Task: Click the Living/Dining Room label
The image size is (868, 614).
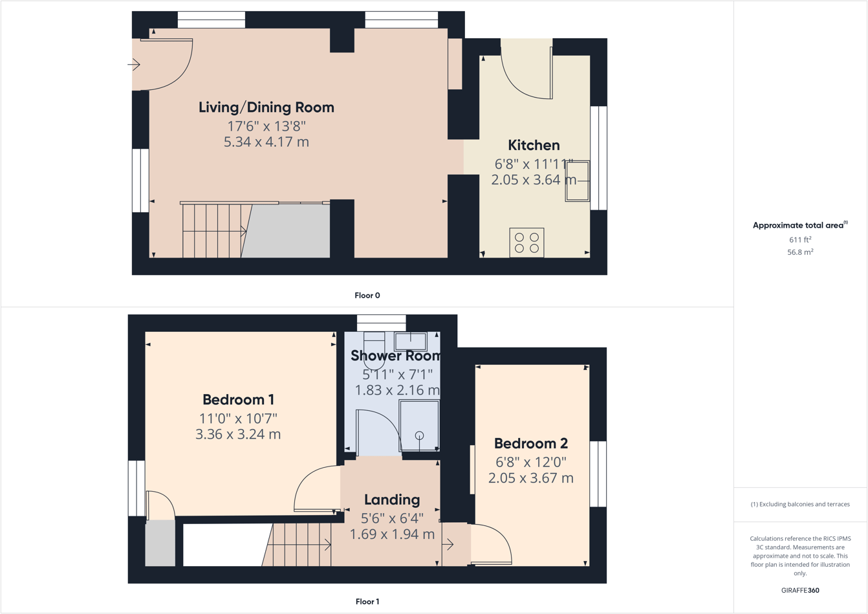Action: (x=266, y=107)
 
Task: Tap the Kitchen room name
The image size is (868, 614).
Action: (x=534, y=145)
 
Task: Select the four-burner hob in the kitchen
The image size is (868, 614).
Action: (x=526, y=243)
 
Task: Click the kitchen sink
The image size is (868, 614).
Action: (x=578, y=181)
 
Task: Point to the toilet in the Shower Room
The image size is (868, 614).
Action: (x=374, y=350)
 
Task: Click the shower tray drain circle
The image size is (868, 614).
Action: (x=419, y=435)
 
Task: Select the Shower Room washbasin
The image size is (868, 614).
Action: (x=411, y=341)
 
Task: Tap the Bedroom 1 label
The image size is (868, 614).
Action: (x=238, y=400)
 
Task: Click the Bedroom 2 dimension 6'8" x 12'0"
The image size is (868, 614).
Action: (x=531, y=462)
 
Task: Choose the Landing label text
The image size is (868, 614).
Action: (x=392, y=499)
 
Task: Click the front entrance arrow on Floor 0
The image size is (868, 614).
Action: (x=134, y=65)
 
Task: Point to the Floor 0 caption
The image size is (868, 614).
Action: (x=367, y=296)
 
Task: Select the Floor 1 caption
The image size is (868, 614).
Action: (x=367, y=602)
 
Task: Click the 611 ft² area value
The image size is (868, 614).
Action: (x=799, y=239)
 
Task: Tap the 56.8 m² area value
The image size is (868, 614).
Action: (x=799, y=252)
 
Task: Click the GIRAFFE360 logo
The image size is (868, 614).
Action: (x=800, y=590)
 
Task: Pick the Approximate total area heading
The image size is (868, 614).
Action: (x=799, y=225)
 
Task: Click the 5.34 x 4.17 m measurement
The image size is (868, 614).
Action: (x=266, y=142)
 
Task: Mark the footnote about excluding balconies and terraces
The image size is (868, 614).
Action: (x=800, y=504)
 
